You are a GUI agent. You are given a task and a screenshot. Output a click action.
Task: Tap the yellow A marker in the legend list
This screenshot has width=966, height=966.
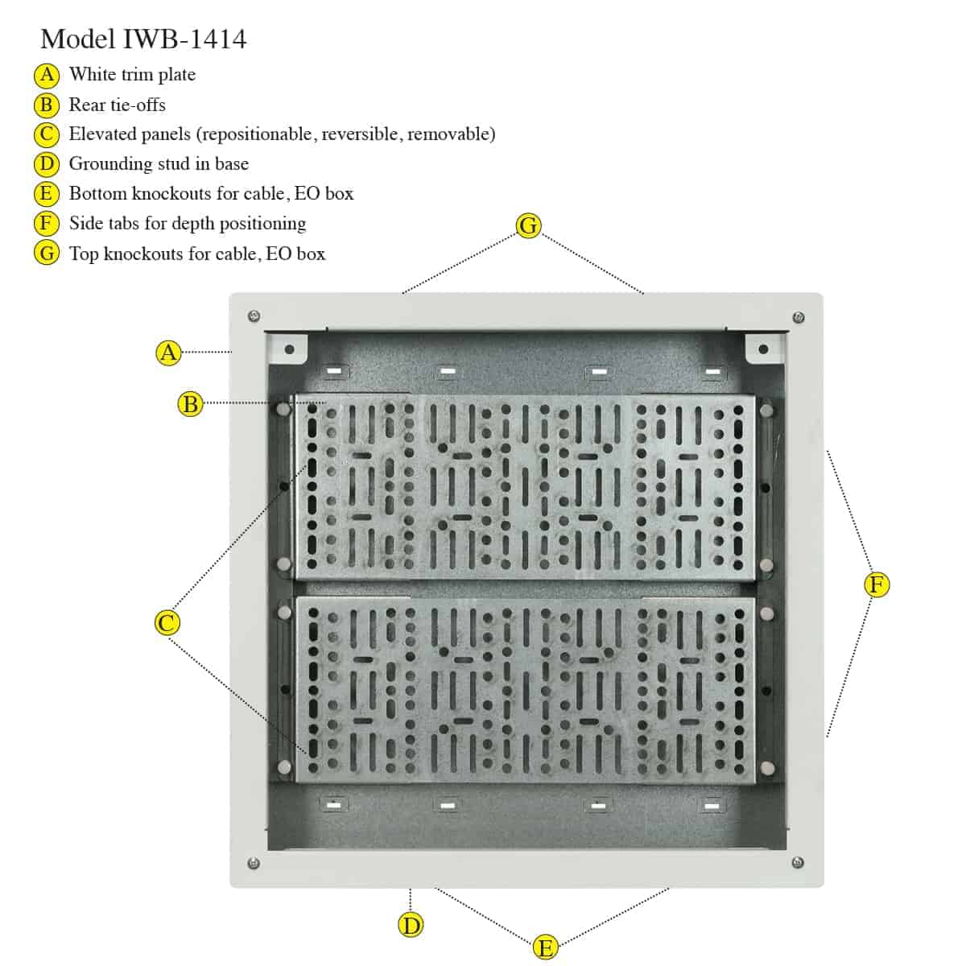point(47,75)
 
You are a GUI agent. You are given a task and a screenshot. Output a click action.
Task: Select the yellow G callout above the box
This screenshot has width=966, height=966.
point(528,225)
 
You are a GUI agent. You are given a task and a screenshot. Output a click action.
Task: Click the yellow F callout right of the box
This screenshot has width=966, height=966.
point(877,584)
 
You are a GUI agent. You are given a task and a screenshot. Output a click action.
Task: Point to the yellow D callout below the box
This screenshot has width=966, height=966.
point(411,925)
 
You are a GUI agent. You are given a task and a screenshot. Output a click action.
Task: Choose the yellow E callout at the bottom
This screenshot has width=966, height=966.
point(545,947)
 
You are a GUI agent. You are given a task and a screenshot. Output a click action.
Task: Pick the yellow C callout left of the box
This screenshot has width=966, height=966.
point(167,623)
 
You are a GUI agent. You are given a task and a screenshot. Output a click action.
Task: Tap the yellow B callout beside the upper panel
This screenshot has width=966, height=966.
point(191,404)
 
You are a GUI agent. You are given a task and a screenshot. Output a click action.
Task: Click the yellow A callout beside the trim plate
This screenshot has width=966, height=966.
point(168,353)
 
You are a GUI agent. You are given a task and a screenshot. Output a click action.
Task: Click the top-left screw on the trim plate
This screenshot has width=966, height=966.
point(254,316)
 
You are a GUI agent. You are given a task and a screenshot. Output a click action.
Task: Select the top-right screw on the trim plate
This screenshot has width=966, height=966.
point(799,317)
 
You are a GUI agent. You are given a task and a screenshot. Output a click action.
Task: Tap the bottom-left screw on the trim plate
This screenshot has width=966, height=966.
point(254,863)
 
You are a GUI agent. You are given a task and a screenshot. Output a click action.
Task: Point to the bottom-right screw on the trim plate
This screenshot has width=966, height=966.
point(798,862)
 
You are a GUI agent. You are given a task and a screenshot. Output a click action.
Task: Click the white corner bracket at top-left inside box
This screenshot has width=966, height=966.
point(287,348)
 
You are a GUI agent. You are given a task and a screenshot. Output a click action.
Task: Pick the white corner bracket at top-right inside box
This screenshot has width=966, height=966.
point(764,349)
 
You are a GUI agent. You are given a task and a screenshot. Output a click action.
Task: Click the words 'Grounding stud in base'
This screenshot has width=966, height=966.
point(159,164)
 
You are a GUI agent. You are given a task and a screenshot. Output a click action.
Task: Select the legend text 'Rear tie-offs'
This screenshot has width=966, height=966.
point(118,105)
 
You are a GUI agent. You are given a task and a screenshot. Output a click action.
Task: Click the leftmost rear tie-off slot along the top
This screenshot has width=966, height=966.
point(334,371)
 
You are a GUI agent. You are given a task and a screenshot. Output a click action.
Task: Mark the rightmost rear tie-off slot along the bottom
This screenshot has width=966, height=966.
point(712,807)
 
